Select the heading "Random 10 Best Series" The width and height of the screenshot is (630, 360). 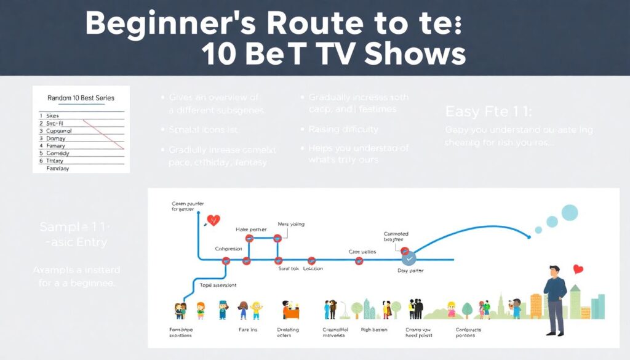click(x=81, y=98)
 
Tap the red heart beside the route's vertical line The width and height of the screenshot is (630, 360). click(x=213, y=219)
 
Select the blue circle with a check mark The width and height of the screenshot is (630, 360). click(x=409, y=259)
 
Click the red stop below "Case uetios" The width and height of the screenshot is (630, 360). click(x=359, y=261)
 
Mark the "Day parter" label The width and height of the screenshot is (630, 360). click(x=410, y=271)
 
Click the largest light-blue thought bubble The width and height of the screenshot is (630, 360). click(x=570, y=213)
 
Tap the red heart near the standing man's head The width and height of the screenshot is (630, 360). click(x=578, y=269)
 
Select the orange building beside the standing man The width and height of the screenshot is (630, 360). click(x=536, y=306)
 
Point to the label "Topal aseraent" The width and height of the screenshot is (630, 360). click(x=218, y=285)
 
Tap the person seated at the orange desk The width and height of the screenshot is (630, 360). click(x=287, y=307)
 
